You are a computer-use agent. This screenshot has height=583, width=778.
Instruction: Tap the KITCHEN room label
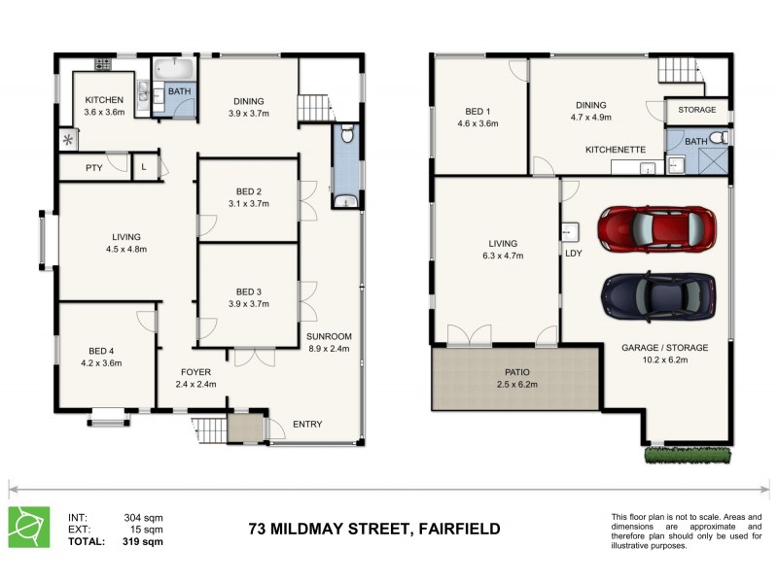pos(103,100)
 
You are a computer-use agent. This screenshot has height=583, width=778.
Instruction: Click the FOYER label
pos(195,371)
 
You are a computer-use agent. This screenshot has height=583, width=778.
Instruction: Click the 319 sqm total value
pos(143,542)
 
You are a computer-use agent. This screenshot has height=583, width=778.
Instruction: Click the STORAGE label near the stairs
pos(697,111)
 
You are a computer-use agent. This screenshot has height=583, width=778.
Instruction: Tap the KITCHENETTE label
pos(616,151)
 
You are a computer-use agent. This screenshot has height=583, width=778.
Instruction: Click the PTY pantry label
pos(94,168)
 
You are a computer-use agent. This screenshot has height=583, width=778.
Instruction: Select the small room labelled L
pos(144,167)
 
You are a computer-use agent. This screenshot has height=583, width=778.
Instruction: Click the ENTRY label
pos(307,424)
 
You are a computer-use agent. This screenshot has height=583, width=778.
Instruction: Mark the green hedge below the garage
pos(687,454)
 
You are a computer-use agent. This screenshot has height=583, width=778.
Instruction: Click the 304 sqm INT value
pos(143,517)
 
